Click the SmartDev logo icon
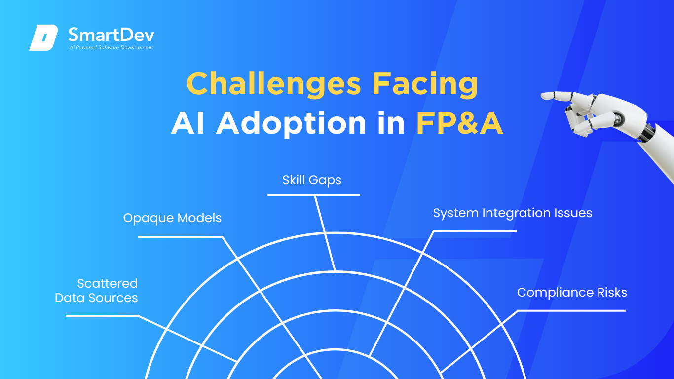(x=43, y=38)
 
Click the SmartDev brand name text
(x=112, y=35)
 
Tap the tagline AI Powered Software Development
(x=112, y=47)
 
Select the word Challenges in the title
(x=274, y=84)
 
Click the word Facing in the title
(x=425, y=84)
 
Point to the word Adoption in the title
(x=291, y=123)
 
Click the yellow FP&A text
(x=459, y=123)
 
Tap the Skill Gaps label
(x=312, y=180)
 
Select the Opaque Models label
(x=172, y=218)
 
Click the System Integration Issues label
(x=513, y=213)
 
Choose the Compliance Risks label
(x=572, y=292)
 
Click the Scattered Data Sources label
(x=96, y=291)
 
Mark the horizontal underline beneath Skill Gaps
(x=313, y=195)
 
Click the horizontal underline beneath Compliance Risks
(x=571, y=311)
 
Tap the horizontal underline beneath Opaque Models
(x=180, y=237)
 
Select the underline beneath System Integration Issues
(x=475, y=231)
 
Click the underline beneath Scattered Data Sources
(x=102, y=316)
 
